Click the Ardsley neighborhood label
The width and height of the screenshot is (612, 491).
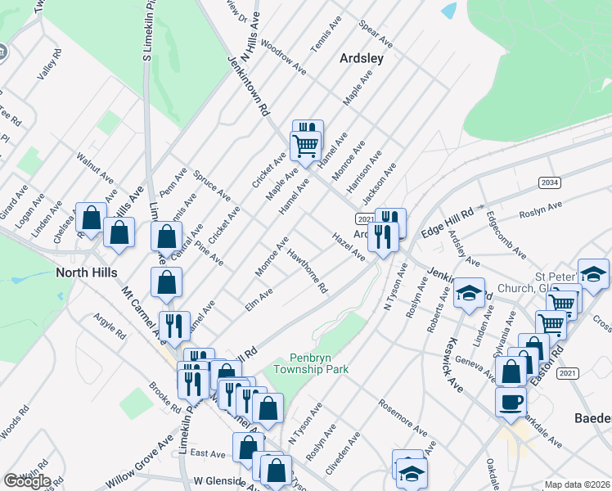pyautogui.click(x=361, y=59)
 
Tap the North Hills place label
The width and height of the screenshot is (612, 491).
pyautogui.click(x=86, y=272)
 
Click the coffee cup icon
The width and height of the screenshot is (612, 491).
pyautogui.click(x=511, y=403)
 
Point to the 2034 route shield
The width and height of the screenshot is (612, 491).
pyautogui.click(x=549, y=182)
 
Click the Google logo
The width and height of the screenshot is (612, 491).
pyautogui.click(x=27, y=481)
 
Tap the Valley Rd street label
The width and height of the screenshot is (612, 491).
pyautogui.click(x=49, y=66)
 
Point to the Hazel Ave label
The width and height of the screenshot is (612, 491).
pyautogui.click(x=349, y=246)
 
